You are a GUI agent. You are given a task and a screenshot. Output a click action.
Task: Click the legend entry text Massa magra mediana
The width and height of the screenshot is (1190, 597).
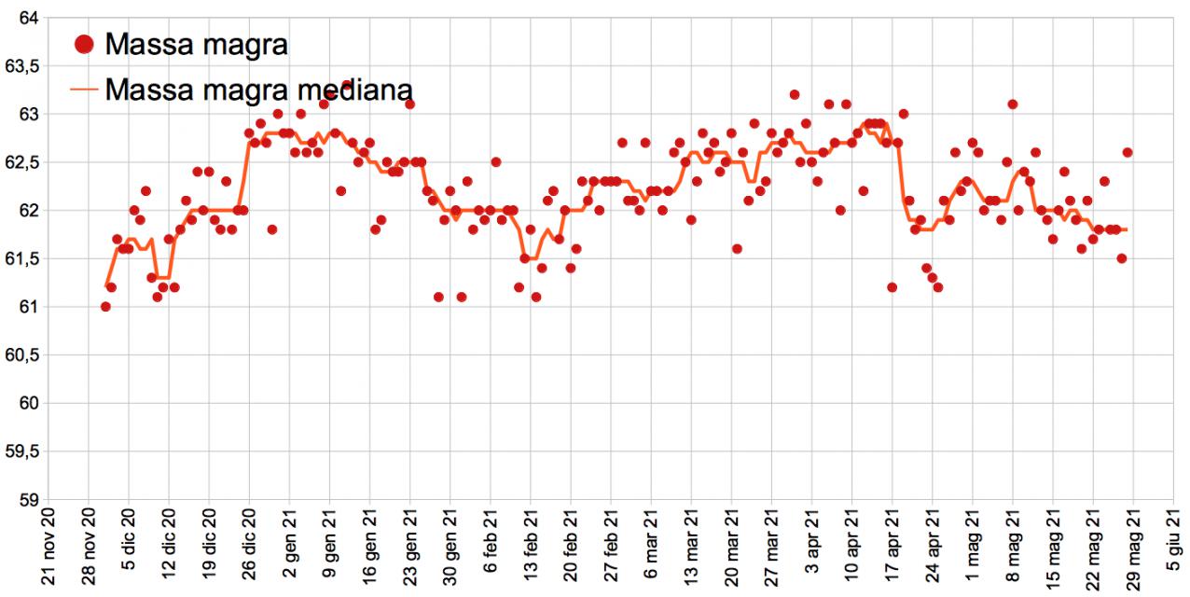[x=259, y=90]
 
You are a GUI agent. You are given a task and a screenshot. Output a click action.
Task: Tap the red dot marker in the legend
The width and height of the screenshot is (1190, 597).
[x=85, y=43]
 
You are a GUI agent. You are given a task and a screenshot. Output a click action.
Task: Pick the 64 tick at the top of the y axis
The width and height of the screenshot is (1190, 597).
[x=28, y=18]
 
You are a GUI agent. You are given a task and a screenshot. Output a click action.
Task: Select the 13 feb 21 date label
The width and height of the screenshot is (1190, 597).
[x=530, y=551]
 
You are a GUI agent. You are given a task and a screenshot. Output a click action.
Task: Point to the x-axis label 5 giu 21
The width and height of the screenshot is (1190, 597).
[x=1172, y=551]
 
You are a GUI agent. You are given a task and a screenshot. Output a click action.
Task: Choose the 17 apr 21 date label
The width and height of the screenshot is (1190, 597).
[x=892, y=551]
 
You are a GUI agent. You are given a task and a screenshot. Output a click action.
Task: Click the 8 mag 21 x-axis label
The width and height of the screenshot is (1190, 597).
[x=1012, y=551]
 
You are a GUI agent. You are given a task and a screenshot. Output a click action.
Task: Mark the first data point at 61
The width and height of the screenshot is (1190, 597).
[x=105, y=307]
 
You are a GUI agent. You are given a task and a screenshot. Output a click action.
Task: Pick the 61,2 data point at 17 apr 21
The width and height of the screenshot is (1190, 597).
[x=892, y=287]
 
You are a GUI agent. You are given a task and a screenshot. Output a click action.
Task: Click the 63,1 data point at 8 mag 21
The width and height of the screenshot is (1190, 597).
[x=1013, y=104]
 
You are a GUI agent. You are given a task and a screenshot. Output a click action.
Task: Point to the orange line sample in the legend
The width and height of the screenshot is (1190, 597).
[x=85, y=90]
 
